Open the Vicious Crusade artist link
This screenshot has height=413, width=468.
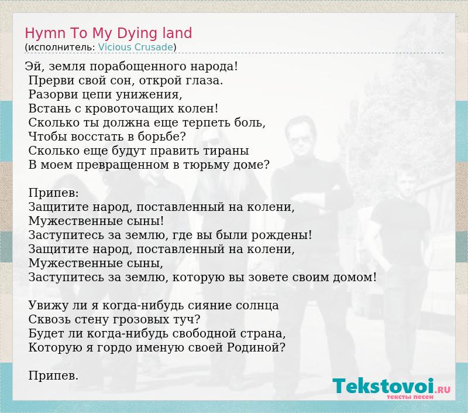pyautogui.click(x=136, y=47)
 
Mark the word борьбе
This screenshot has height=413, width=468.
pyautogui.click(x=161, y=136)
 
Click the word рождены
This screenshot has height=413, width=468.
pyautogui.click(x=281, y=235)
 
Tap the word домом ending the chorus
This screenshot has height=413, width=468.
pyautogui.click(x=355, y=277)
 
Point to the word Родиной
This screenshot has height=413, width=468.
pyautogui.click(x=256, y=347)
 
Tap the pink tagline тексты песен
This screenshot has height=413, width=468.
pyautogui.click(x=410, y=397)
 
